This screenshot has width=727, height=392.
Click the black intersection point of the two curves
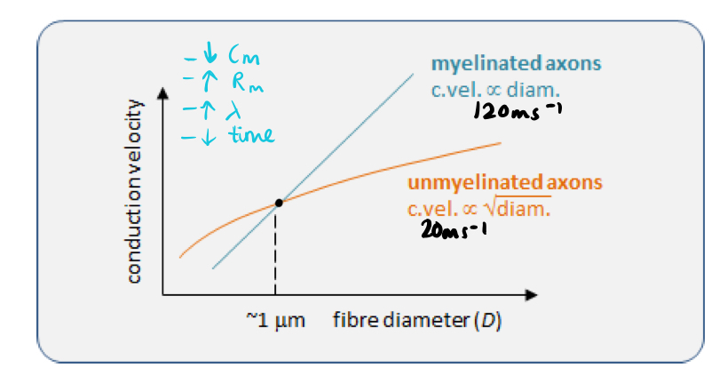[279, 203]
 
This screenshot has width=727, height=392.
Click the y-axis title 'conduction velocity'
[134, 191]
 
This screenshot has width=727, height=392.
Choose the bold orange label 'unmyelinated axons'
[505, 183]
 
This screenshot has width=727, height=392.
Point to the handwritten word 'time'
[249, 135]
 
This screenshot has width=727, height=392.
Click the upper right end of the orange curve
[501, 142]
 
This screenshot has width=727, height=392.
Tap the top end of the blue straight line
[412, 72]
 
